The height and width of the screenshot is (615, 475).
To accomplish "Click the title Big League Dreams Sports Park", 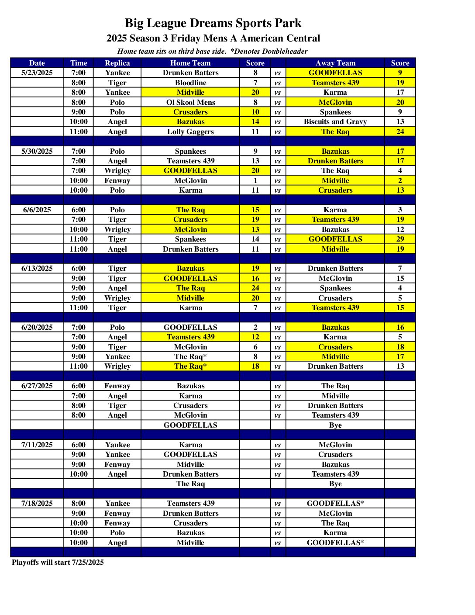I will (x=213, y=23).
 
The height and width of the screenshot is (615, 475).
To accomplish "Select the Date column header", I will (x=37, y=63).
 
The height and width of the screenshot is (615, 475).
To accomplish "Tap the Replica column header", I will (x=117, y=63).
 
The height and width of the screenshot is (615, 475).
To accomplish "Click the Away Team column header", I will (x=335, y=63).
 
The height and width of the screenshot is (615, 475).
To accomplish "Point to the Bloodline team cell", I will (x=190, y=83).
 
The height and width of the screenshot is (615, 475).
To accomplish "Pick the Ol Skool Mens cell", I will (x=190, y=102).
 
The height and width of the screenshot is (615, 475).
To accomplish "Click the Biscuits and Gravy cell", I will (x=335, y=121).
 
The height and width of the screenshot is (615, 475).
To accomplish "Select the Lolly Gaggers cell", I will (x=190, y=131).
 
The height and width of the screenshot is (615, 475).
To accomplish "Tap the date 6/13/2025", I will (x=37, y=268).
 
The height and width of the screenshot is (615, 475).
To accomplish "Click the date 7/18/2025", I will (x=37, y=503).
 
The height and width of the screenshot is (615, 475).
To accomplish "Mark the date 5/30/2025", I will (x=37, y=151).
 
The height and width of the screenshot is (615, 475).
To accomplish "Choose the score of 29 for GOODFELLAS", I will (x=400, y=239).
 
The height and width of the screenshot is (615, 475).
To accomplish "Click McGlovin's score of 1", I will (x=255, y=180).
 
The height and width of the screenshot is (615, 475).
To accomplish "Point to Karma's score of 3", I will (x=400, y=210).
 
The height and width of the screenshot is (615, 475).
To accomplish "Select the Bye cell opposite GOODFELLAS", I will (x=335, y=425).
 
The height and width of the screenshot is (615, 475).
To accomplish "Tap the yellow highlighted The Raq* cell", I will (x=190, y=366).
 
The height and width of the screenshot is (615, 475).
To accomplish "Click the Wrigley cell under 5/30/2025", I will (x=117, y=170).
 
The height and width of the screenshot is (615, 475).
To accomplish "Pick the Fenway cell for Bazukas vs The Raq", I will (x=117, y=386).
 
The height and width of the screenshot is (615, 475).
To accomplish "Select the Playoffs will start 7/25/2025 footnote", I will (x=58, y=562).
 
